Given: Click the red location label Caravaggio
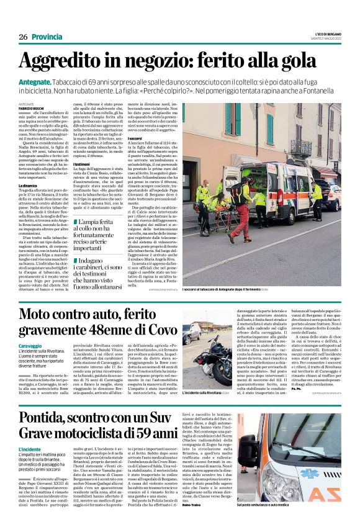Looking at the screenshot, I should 31,345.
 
